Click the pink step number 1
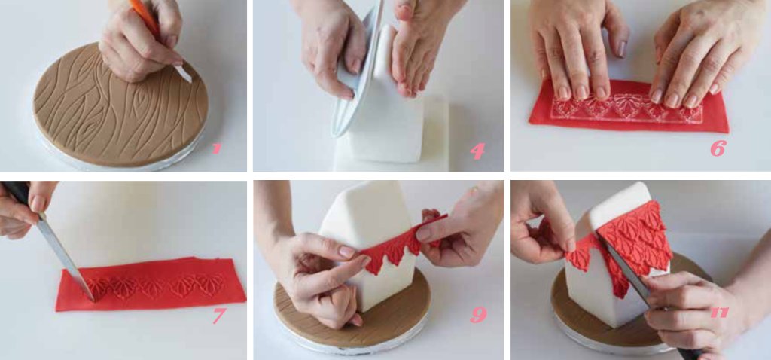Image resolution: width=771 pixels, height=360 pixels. [216, 148]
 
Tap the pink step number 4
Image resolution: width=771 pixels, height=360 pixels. [477, 151]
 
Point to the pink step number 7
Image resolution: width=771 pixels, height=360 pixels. [218, 316]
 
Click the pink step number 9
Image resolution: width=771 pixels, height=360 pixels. [478, 315]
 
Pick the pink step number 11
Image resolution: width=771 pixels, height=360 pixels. [718, 311]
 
